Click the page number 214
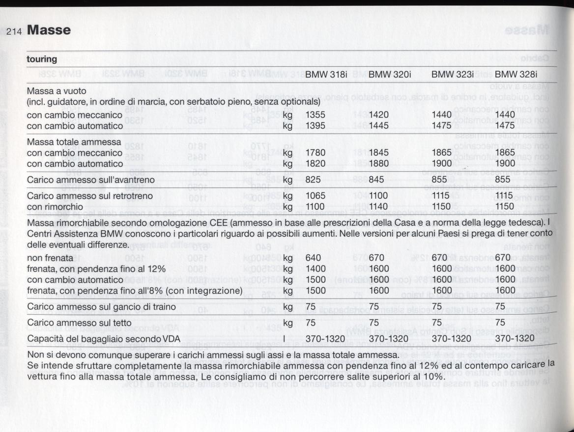pos(16,31)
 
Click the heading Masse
pos(49,30)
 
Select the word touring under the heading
pos(42,59)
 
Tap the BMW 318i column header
pos(327,75)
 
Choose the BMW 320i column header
pos(390,75)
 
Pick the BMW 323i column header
pos(453,75)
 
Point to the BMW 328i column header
pos(516,75)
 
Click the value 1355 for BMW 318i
pos(316,115)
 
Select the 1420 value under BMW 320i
pos(379,115)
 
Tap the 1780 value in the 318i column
pos(316,153)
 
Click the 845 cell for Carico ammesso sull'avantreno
pos(376,180)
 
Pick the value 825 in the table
pos(313,180)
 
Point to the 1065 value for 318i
pos(316,196)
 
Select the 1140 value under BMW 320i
pos(379,206)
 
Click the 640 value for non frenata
pos(313,258)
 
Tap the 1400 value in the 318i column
pos(316,269)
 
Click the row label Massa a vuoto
pos(57,91)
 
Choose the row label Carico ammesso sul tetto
pos(79,323)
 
